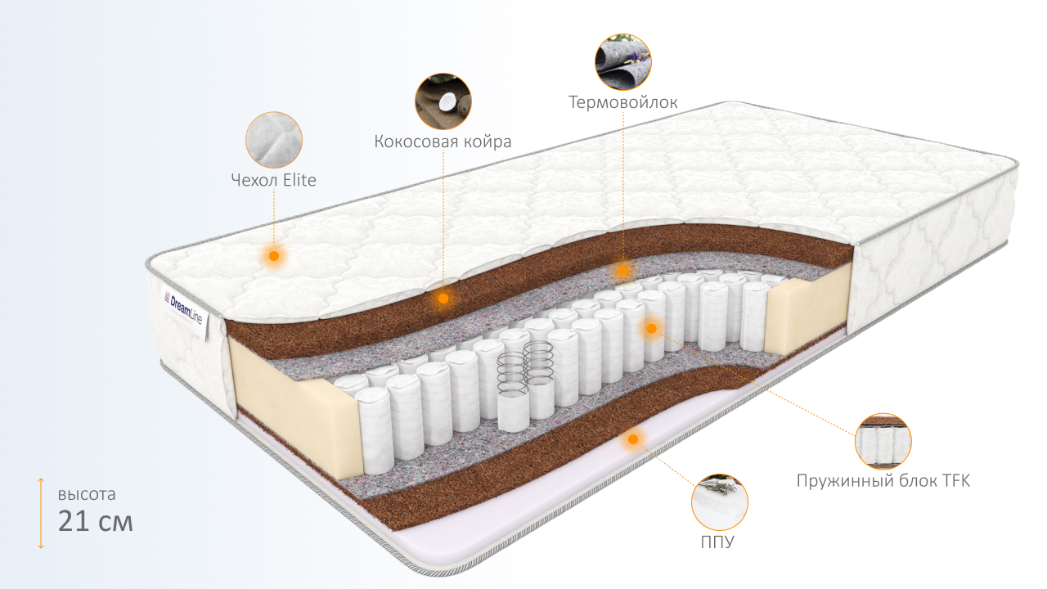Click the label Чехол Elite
tap(274, 181)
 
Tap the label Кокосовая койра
tap(443, 142)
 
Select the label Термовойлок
tap(623, 102)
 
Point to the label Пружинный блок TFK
tap(883, 480)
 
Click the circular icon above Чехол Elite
tap(274, 140)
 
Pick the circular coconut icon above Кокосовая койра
tap(443, 101)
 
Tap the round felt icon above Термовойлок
tap(623, 61)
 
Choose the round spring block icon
tap(883, 441)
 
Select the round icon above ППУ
tap(720, 501)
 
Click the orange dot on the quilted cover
tap(274, 256)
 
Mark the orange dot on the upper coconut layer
tap(443, 299)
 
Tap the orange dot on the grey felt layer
tap(623, 270)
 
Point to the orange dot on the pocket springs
tap(651, 329)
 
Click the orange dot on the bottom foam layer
tap(632, 440)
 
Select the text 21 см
tap(95, 521)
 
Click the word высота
tap(87, 494)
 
